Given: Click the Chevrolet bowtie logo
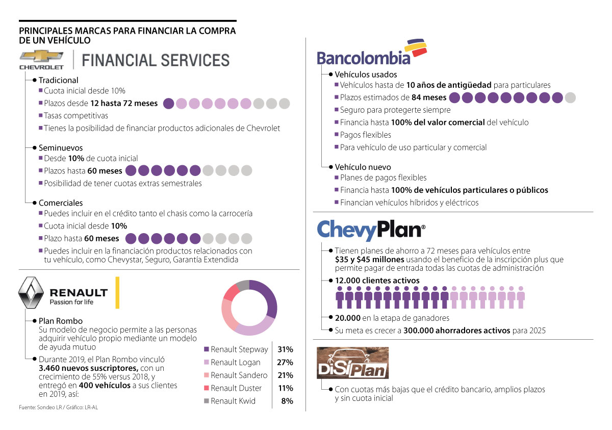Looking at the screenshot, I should [x=41, y=57].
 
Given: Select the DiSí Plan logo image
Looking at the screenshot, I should [x=352, y=363].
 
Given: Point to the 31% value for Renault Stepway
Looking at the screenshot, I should [x=285, y=349].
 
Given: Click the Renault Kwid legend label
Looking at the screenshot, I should [x=233, y=401].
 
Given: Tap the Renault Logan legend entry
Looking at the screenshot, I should [x=236, y=363].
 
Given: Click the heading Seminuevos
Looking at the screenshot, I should [x=61, y=148].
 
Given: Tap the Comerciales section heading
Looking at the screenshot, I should [x=61, y=203].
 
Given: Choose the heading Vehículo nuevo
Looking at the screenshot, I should [x=363, y=167].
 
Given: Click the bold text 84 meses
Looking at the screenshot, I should [x=429, y=97].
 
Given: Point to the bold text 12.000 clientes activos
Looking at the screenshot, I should [x=377, y=281].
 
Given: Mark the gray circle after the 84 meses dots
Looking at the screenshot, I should [x=570, y=97].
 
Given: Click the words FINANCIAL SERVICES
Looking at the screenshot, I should [x=156, y=60].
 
